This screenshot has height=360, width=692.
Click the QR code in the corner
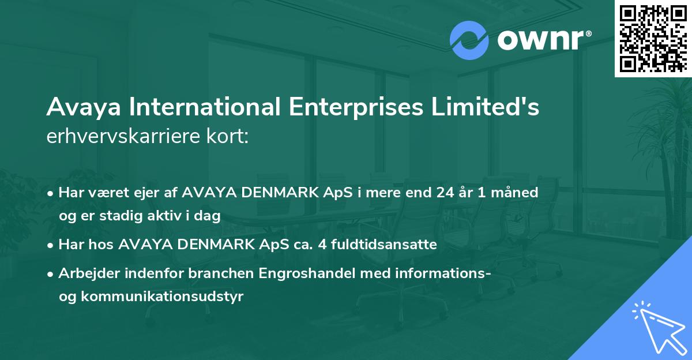coord(653,39)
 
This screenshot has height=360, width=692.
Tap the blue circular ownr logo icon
coord(469,40)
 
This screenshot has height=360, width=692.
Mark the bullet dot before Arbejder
coord(51,274)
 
